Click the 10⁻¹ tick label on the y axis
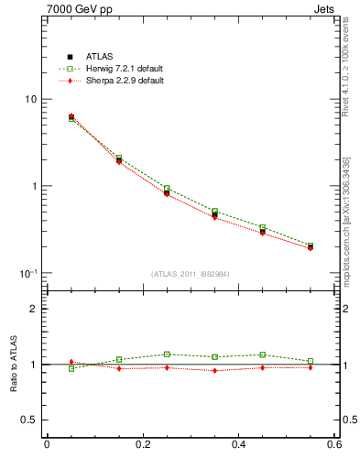29,273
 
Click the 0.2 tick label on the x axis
142,445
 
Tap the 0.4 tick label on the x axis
238,445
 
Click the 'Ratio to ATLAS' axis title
11,365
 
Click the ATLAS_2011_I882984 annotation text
191,274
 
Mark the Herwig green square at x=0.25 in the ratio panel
167,354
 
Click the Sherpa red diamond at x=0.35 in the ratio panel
214,370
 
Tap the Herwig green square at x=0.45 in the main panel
262,227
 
